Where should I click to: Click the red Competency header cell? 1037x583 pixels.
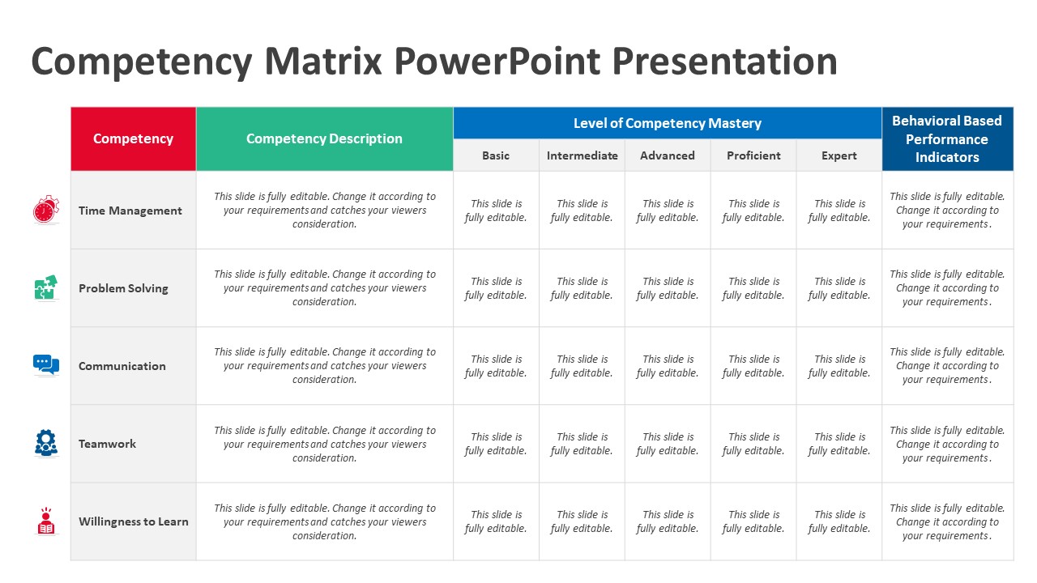134,138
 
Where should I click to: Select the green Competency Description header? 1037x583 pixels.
325,138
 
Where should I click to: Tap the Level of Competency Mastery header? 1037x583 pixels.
667,123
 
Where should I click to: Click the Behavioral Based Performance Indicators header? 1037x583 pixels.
947,138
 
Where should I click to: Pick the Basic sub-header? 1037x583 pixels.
496,155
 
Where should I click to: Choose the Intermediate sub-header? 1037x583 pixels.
582,155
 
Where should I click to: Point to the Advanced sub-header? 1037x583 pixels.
668,155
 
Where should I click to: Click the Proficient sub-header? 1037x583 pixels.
753,155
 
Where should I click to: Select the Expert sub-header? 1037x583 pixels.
839,155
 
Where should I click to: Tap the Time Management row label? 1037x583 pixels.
130,211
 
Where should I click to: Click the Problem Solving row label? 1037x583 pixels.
123,288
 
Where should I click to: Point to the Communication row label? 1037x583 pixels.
122,366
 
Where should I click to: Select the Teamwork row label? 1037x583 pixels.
107,444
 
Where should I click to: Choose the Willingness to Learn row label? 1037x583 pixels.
134,521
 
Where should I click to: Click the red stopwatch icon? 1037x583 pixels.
46,209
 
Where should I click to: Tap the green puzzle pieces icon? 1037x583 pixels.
46,287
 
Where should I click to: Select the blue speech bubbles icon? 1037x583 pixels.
46,364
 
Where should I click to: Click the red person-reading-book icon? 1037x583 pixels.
46,521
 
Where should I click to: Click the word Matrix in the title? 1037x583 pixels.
323,61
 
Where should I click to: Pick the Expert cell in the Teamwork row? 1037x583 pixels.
839,444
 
